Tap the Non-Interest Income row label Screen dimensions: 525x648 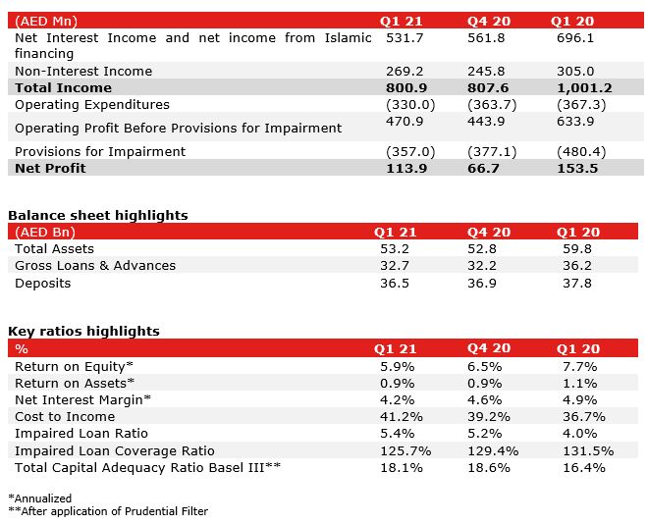point(83,71)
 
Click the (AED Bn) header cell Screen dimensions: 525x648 point(46,232)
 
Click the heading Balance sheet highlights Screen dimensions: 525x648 point(98,215)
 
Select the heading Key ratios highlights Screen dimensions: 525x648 point(83,331)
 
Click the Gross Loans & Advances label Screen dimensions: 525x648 point(95,265)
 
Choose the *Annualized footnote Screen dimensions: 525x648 point(39,499)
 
